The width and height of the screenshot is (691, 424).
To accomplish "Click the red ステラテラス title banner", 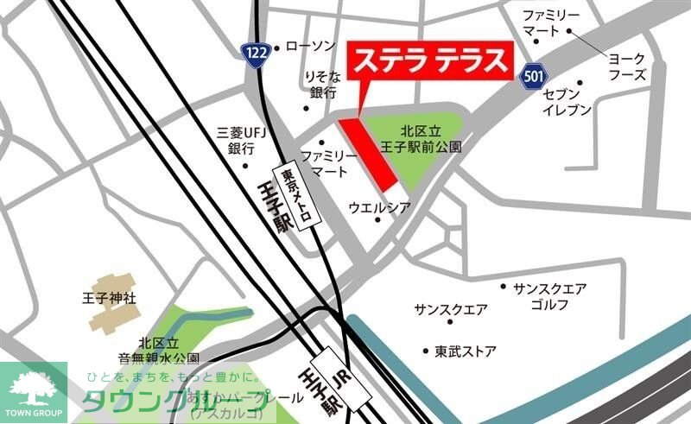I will (x=429, y=63).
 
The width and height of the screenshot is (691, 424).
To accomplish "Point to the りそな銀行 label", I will (x=323, y=85).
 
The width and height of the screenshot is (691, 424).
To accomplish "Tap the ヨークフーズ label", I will (x=626, y=66).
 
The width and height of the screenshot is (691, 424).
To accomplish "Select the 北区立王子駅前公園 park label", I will (x=431, y=139).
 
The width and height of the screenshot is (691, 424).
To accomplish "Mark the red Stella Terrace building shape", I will (x=367, y=154).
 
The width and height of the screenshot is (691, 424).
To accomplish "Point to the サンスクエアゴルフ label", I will (x=549, y=294).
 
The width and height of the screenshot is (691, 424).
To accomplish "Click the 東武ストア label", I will (x=466, y=351).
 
